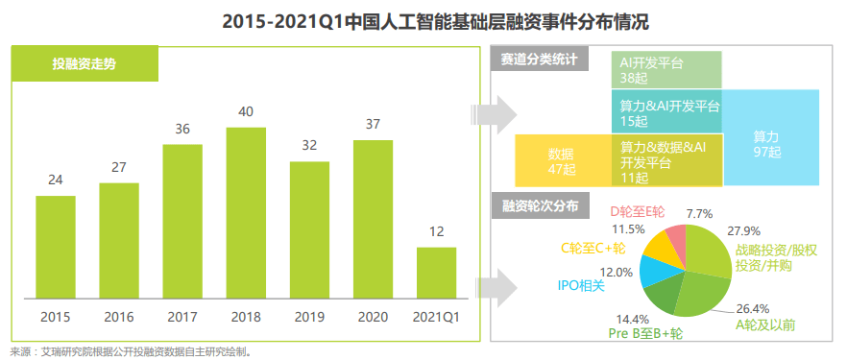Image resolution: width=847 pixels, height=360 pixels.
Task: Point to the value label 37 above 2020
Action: [373, 124]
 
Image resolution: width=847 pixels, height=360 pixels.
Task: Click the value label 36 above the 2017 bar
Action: [182, 129]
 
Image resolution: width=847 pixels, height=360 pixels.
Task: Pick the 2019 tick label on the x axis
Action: [309, 316]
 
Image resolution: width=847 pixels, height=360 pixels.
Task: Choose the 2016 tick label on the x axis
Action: [119, 316]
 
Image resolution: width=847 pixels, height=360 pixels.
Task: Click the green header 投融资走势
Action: [85, 63]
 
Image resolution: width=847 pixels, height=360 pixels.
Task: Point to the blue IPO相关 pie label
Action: [582, 285]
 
